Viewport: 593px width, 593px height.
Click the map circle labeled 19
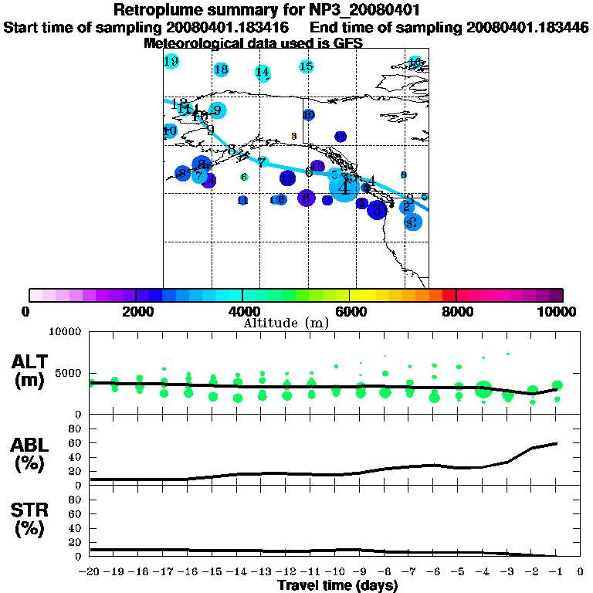(171, 61)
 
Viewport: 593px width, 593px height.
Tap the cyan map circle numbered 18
(222, 69)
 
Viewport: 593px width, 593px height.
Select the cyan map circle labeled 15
(307, 66)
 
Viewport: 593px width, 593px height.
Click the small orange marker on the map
(293, 137)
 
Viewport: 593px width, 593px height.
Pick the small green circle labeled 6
(244, 178)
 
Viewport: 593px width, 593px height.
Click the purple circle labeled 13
(317, 166)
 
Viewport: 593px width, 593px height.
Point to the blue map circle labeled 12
(287, 178)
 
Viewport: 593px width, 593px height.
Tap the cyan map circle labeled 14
(263, 73)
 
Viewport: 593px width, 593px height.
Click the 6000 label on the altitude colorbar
(350, 311)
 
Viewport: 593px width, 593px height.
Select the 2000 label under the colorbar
(135, 311)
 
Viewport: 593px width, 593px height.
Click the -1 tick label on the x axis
(555, 572)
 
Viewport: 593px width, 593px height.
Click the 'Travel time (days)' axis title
(337, 585)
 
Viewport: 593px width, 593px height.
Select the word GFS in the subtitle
(348, 43)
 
